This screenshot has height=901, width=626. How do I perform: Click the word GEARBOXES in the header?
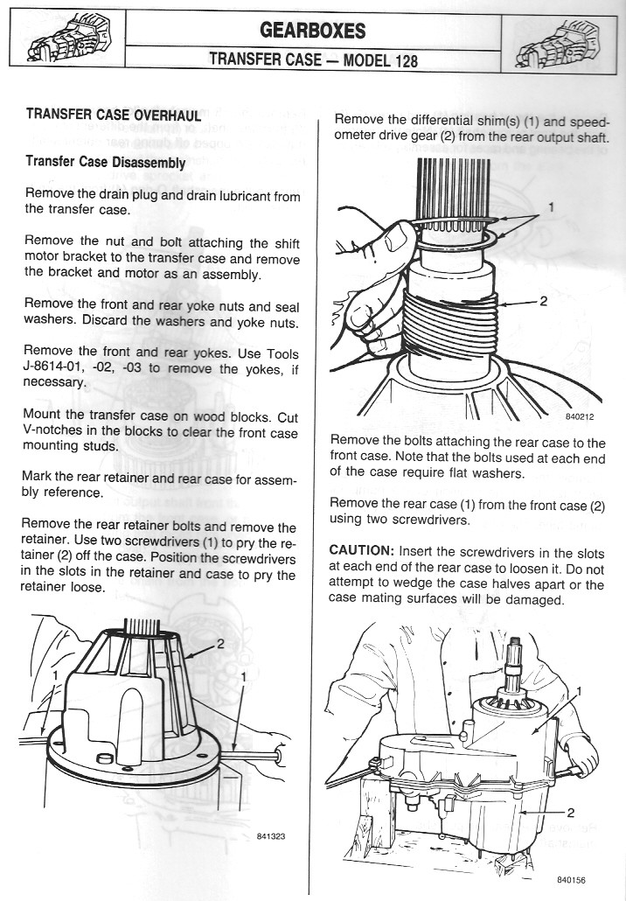tap(312, 31)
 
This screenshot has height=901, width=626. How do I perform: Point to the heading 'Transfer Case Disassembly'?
tap(106, 163)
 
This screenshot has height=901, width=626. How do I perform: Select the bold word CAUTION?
tap(361, 553)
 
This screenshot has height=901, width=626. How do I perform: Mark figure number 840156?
tap(568, 878)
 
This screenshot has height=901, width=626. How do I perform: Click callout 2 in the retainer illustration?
tap(221, 644)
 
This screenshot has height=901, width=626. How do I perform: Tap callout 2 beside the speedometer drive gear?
tap(543, 302)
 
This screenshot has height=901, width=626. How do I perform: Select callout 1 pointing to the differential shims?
tap(550, 207)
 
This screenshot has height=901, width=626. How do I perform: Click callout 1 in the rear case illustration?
tap(579, 691)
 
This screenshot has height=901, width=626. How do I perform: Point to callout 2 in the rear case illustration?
tap(569, 811)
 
